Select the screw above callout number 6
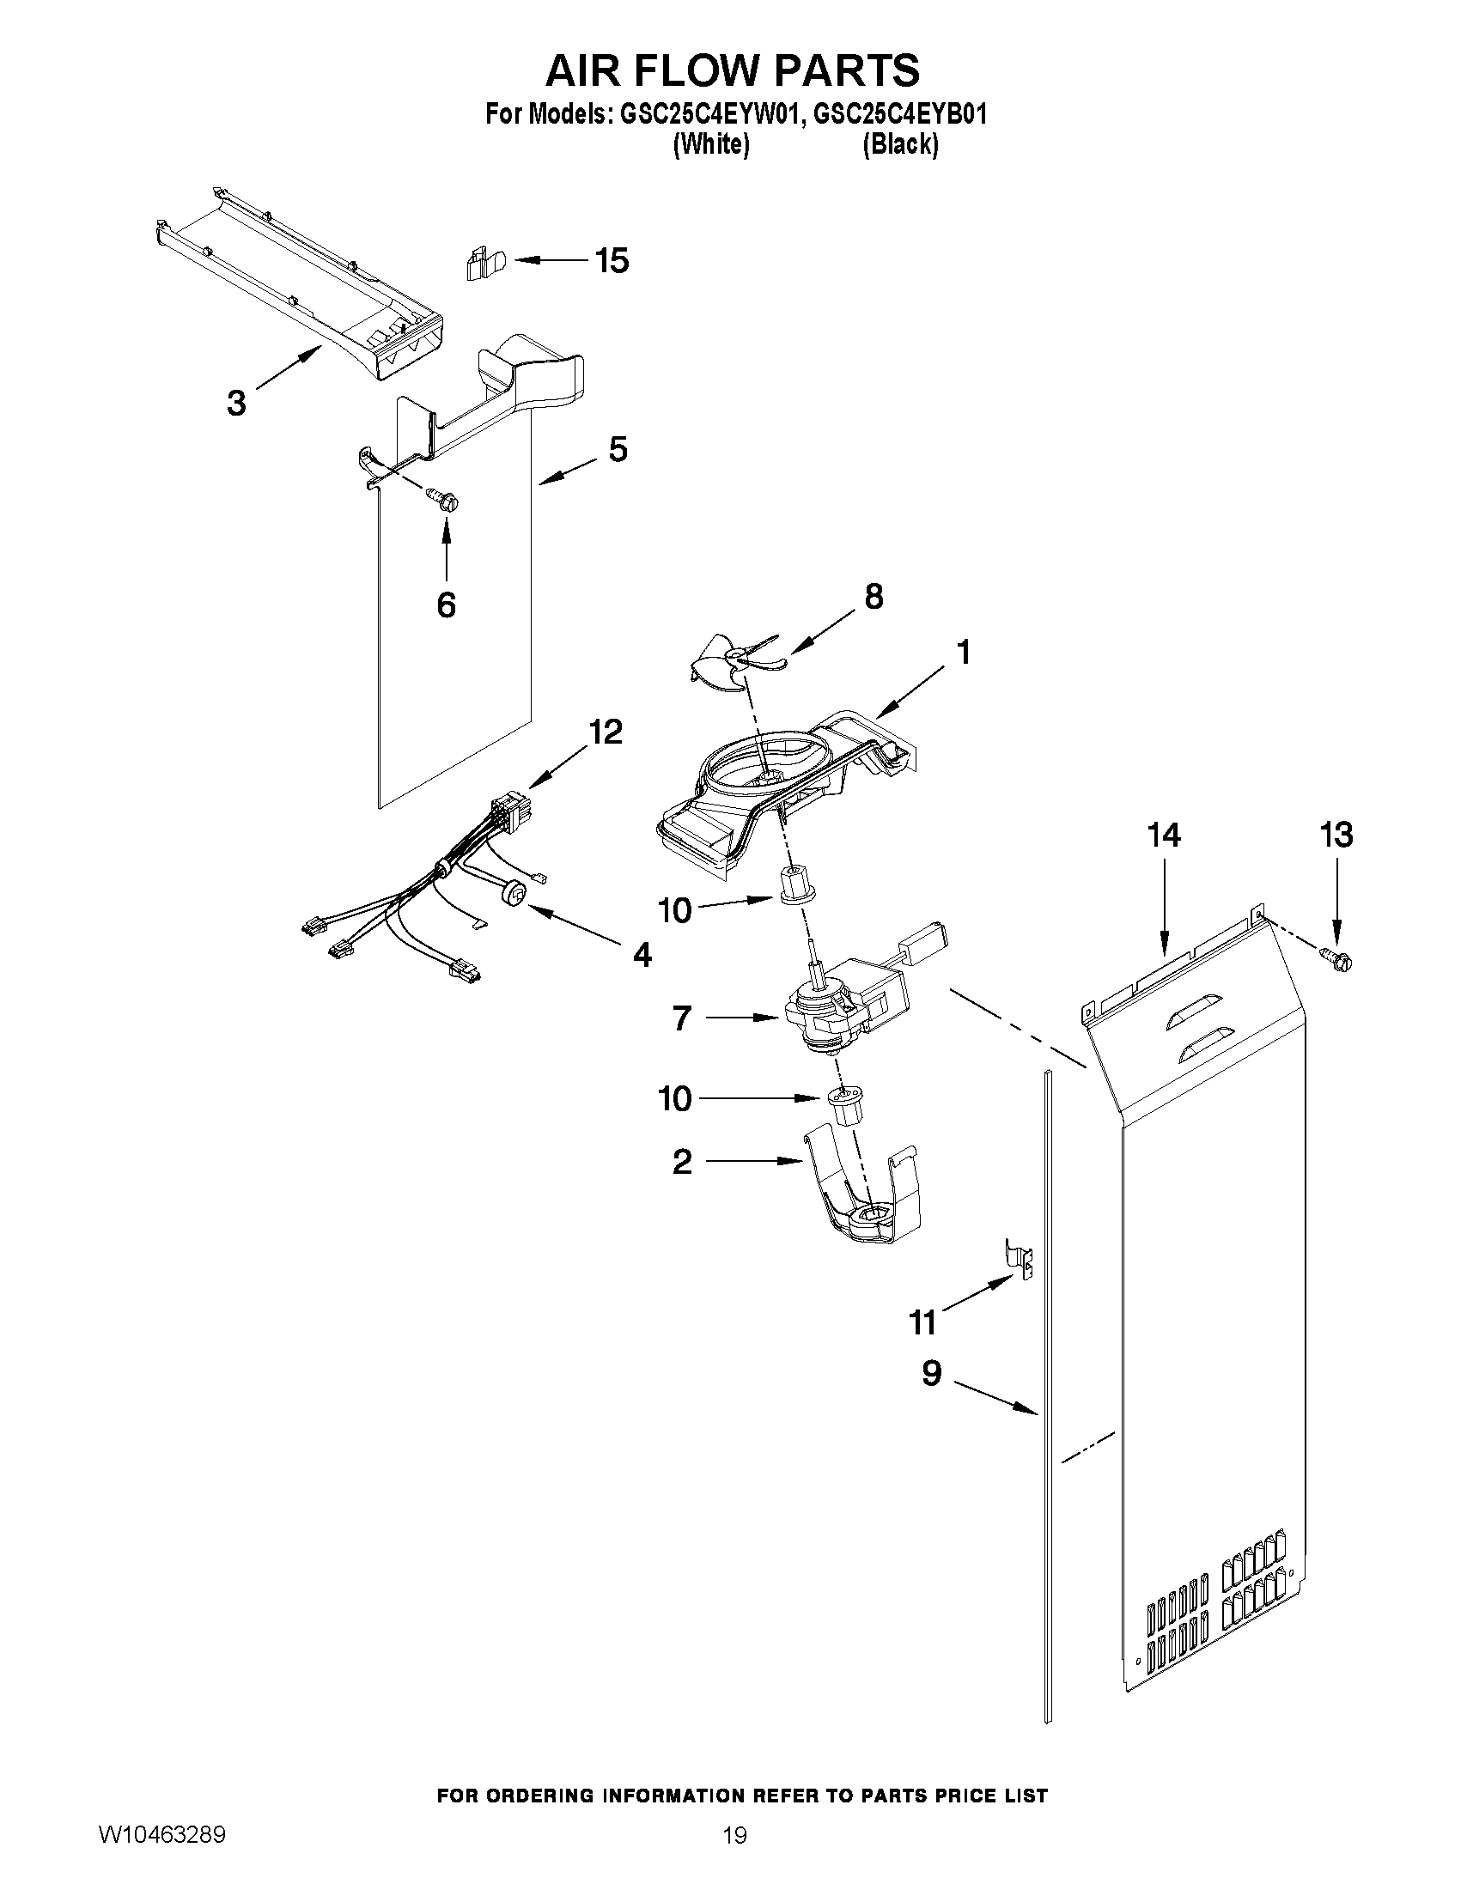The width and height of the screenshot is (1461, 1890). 444,499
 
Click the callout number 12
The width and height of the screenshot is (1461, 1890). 605,733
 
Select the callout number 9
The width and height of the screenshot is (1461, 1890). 931,1372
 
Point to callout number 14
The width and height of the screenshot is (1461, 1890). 1163,836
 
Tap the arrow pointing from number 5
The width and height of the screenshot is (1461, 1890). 567,471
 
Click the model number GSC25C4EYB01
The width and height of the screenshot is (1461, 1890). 900,115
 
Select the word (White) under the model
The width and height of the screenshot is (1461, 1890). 710,144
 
